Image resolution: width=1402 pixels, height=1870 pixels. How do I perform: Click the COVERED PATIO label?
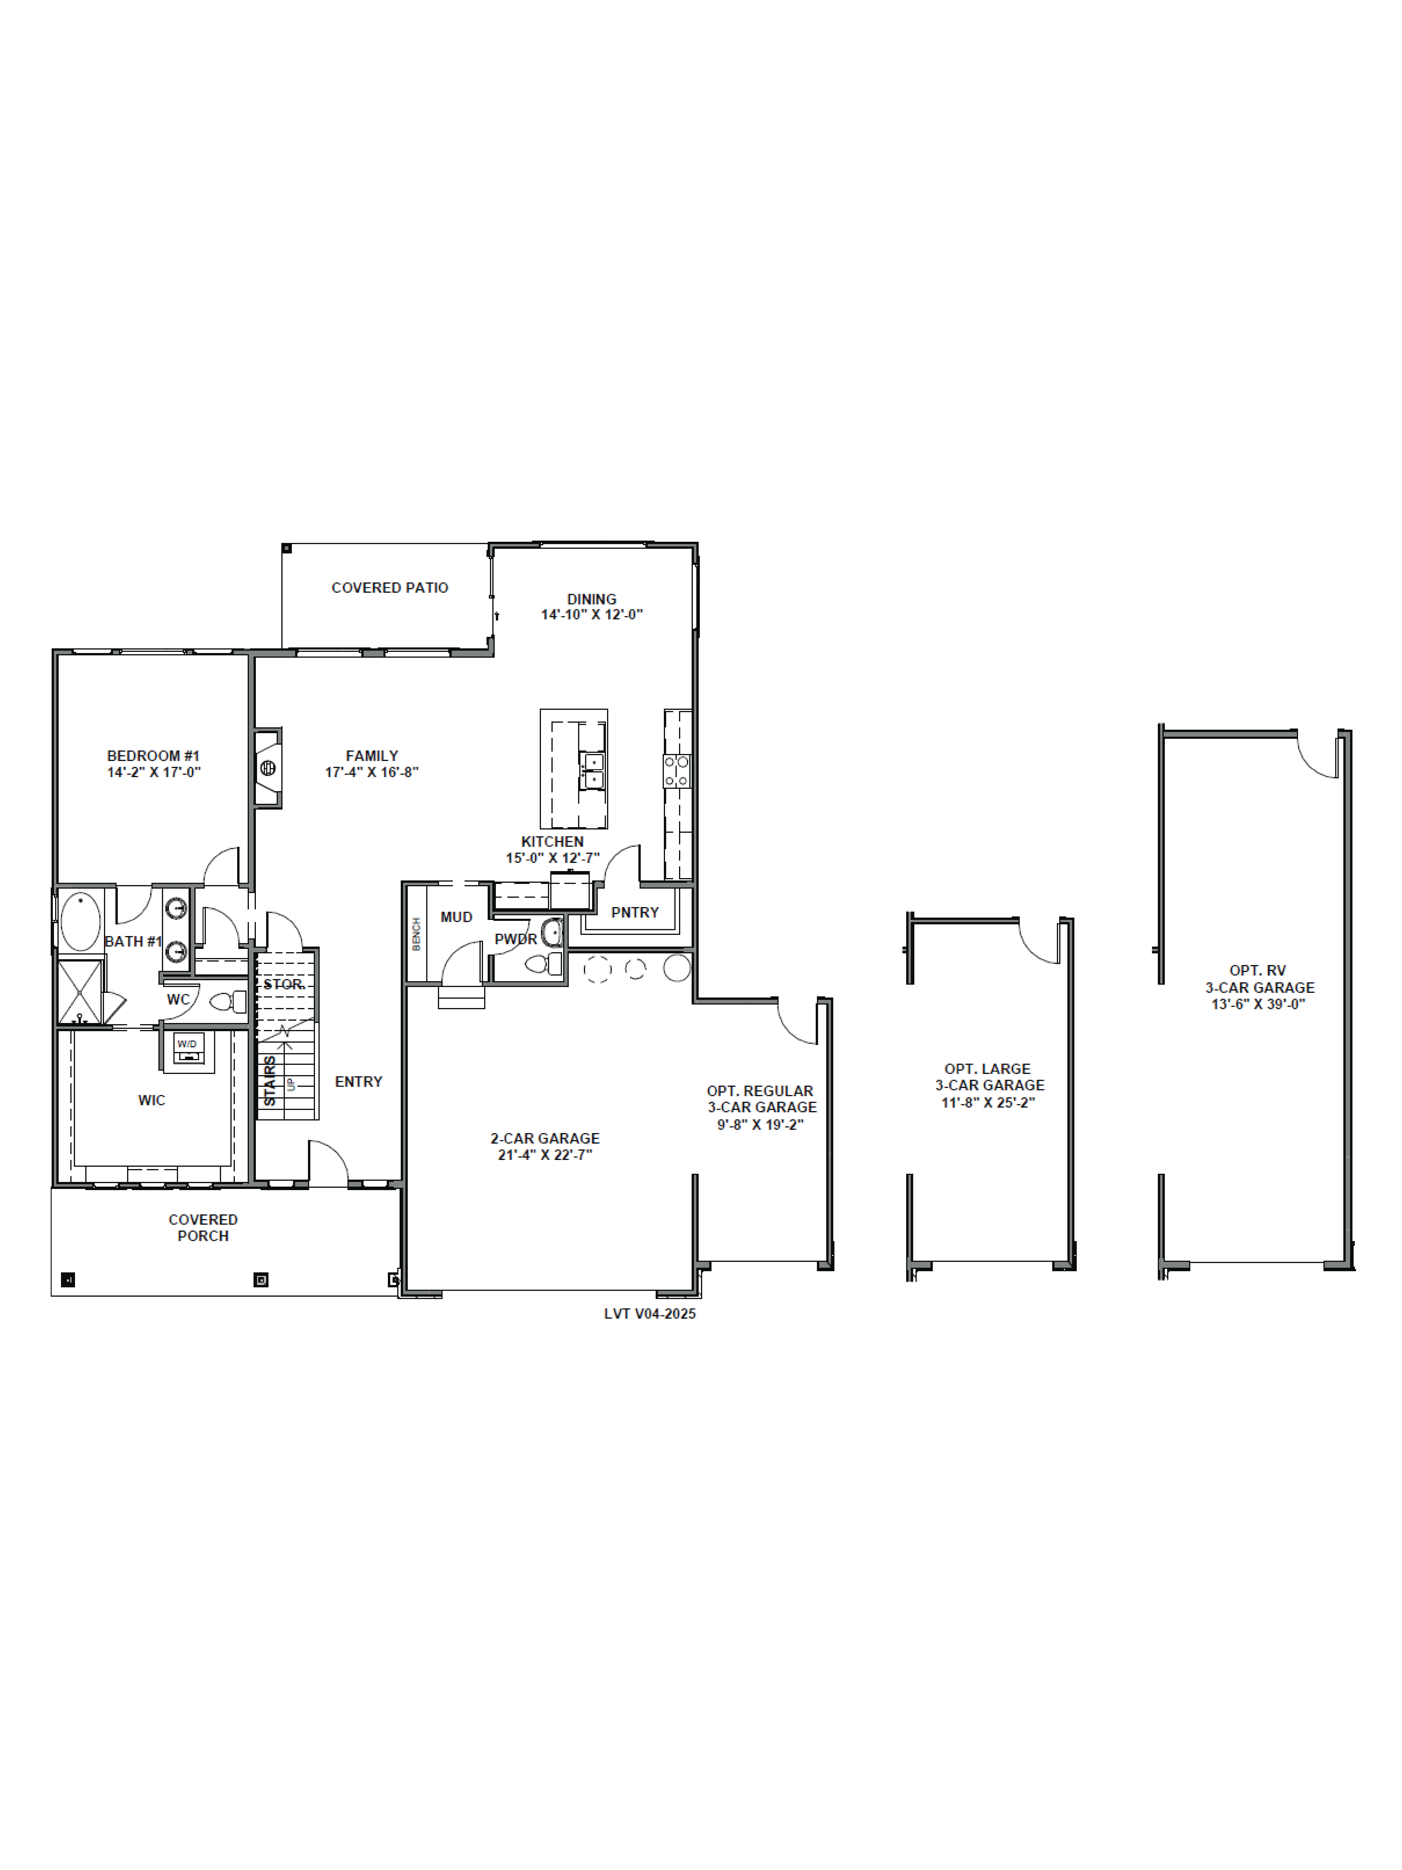pos(390,588)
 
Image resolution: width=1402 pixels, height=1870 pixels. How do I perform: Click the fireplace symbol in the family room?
pos(268,768)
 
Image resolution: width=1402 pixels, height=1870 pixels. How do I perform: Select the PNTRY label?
pos(635,912)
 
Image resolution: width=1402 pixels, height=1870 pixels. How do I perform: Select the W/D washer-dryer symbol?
pos(188,1048)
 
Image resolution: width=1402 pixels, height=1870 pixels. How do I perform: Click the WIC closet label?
pos(152,1100)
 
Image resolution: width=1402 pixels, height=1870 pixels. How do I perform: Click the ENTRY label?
pos(358,1081)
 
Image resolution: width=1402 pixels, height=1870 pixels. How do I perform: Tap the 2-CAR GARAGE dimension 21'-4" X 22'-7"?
pos(545,1155)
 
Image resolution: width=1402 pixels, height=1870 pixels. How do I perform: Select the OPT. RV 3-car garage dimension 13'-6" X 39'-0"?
pos(1258,1004)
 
